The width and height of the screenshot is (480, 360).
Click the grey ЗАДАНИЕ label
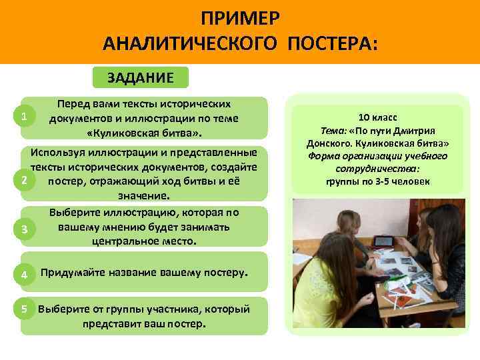141,77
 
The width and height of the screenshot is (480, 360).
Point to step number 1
23,117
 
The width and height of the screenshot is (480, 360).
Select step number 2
23,181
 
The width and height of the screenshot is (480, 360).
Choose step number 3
23,229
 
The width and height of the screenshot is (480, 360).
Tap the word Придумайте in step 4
73,273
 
